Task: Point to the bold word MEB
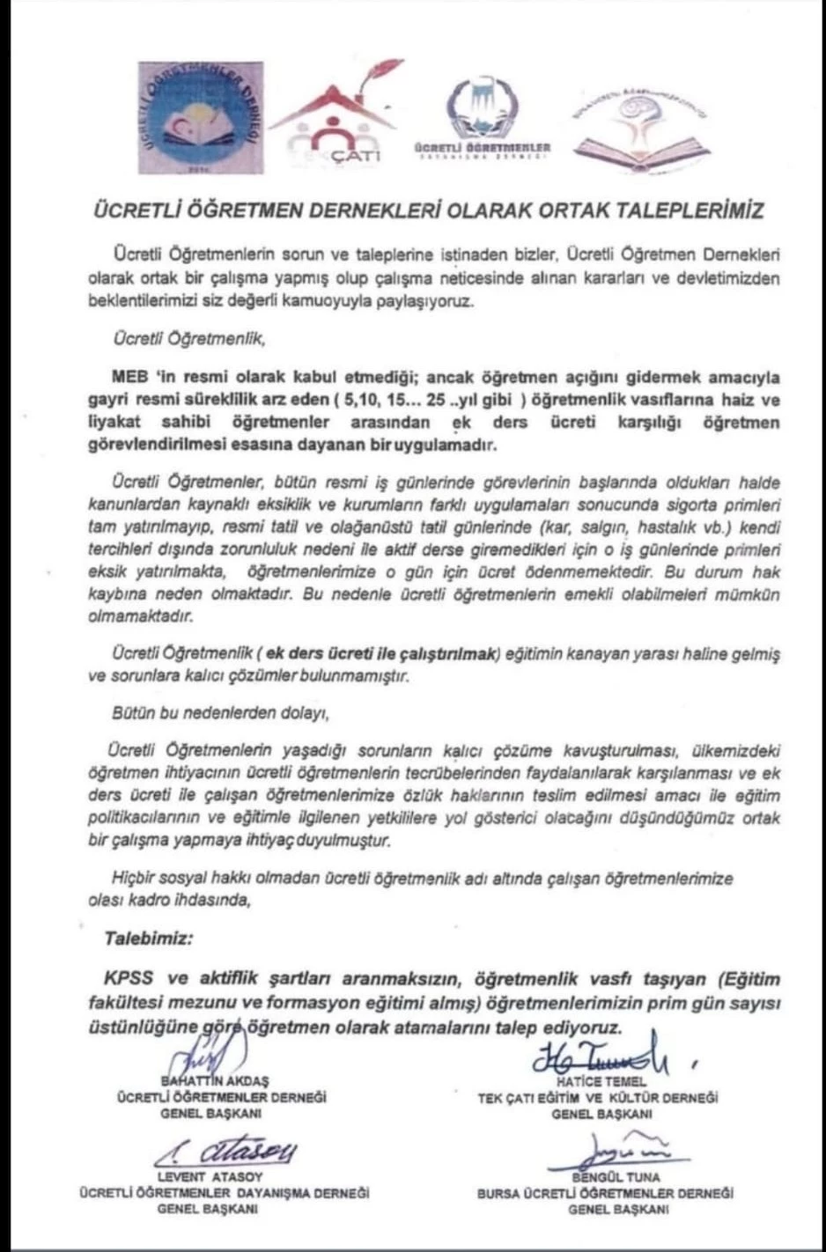pyautogui.click(x=130, y=378)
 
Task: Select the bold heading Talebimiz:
pyautogui.click(x=148, y=939)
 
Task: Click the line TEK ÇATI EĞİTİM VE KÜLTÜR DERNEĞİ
pyautogui.click(x=598, y=1098)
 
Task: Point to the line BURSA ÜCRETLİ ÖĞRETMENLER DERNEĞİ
pyautogui.click(x=605, y=1194)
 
